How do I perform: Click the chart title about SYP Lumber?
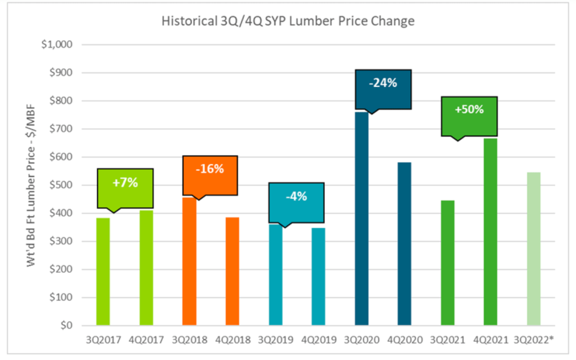coord(288,22)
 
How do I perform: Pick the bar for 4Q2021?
coord(490,232)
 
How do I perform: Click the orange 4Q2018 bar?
coord(233,271)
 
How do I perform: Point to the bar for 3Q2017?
coord(103,271)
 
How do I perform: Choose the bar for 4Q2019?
coord(319,276)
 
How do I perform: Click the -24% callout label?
coord(383,83)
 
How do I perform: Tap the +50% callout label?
coord(470,109)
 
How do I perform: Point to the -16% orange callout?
coord(210,168)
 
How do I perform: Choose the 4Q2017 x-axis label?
coord(146,340)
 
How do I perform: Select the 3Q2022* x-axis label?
coord(535,340)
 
